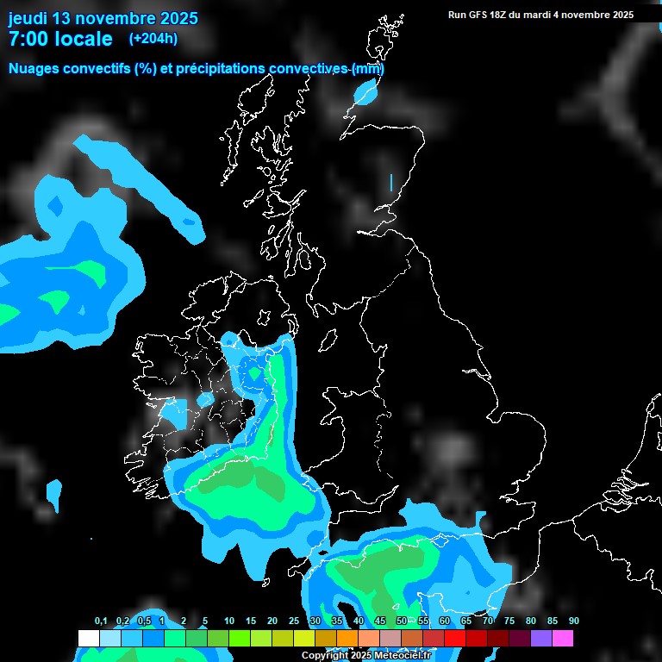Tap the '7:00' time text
29,39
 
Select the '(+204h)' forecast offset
153,39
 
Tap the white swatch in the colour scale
89,638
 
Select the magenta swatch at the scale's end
563,638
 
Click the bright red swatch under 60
455,638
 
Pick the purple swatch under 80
541,638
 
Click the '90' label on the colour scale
574,621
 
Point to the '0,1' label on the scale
101,621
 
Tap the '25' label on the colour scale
294,621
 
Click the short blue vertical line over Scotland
391,183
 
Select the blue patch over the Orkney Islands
367,91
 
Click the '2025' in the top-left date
178,18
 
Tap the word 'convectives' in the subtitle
309,69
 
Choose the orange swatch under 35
347,638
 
